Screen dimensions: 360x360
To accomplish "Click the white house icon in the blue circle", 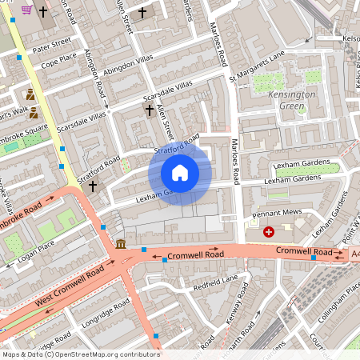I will point(180,173).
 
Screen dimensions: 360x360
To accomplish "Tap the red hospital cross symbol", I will point(269,232).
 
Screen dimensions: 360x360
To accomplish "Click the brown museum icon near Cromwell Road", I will point(120,244).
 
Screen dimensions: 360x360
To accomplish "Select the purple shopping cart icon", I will point(26,10).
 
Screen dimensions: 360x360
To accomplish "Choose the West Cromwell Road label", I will point(70,289).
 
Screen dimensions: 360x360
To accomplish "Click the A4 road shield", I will point(354,254).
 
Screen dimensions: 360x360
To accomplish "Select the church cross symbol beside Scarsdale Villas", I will point(148,110).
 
